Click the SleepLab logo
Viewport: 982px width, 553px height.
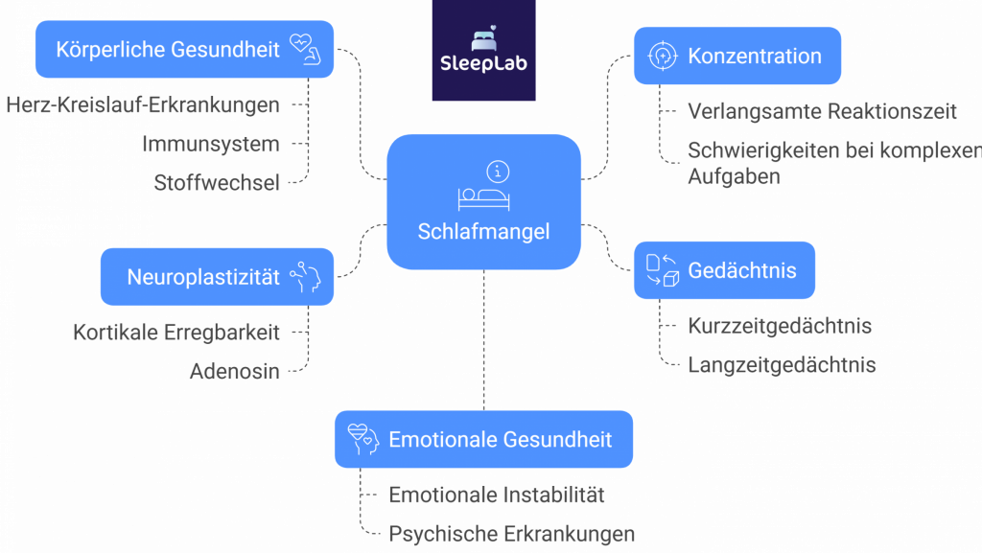[483, 51]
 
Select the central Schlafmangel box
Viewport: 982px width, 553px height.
[483, 201]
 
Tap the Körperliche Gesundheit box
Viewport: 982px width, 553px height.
[184, 49]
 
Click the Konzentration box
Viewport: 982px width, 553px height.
[736, 56]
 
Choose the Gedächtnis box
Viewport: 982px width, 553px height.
[724, 270]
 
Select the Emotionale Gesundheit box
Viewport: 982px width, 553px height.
[483, 439]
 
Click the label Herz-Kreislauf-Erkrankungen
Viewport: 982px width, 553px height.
[143, 105]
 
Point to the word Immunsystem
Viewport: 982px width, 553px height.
[211, 144]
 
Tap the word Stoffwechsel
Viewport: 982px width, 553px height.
[217, 182]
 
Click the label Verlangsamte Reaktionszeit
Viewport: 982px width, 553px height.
[822, 111]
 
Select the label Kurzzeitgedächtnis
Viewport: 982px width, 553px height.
[779, 326]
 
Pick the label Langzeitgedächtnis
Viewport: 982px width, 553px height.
[782, 364]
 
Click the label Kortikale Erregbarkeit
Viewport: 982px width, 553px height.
[176, 333]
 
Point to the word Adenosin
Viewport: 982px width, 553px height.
[234, 372]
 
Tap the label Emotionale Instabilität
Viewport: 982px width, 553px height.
[496, 495]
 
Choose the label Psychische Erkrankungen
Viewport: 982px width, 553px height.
[511, 533]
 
